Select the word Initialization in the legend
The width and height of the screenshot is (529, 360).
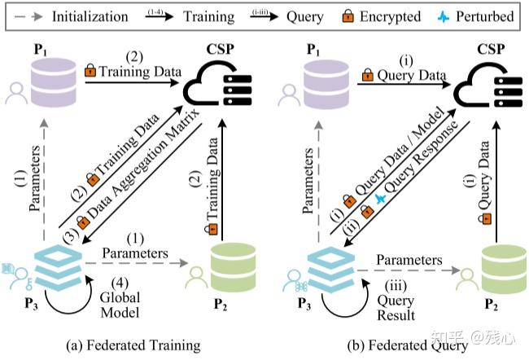pyautogui.click(x=90, y=15)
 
